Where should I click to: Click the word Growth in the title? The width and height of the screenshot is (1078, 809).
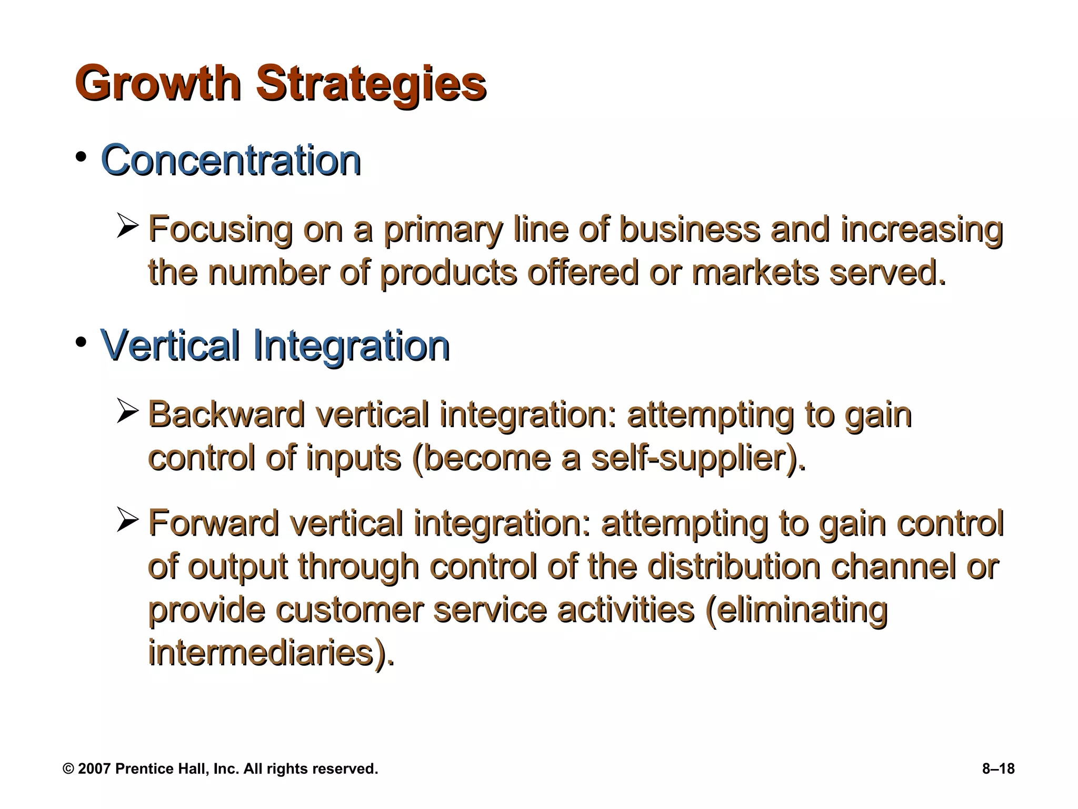point(158,84)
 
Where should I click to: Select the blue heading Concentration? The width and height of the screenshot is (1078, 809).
point(231,160)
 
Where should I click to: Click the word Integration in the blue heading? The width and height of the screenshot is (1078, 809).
point(351,346)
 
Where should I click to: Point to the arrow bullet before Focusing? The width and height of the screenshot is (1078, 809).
point(127,226)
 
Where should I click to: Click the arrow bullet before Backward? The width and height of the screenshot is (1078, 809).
point(127,411)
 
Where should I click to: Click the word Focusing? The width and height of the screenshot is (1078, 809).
point(220,230)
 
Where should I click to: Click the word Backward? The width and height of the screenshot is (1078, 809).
point(226,415)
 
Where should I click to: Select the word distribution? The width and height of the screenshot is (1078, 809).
point(734,567)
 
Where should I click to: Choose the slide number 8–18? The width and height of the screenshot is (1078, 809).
point(998,769)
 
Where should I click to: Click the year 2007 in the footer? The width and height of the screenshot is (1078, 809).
point(94,769)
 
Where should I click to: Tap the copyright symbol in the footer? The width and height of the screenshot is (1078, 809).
point(68,769)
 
